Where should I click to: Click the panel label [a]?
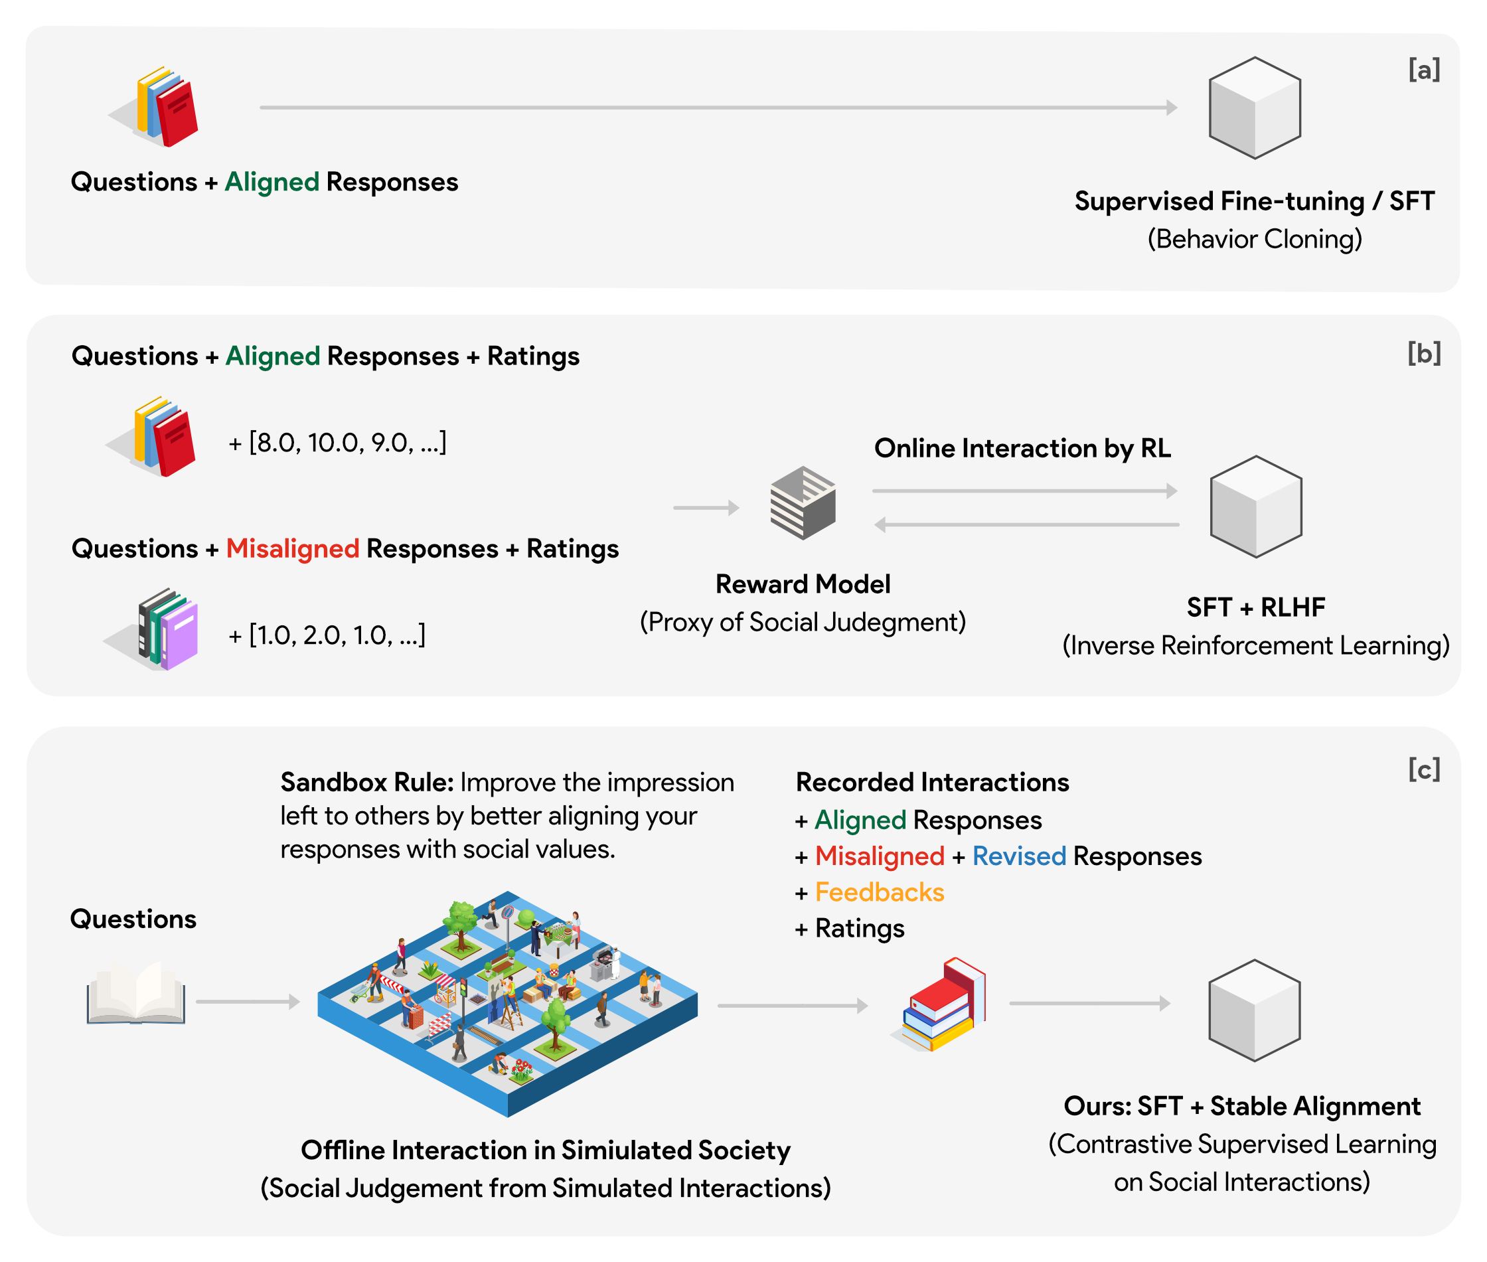point(1423,70)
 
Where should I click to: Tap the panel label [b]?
point(1423,353)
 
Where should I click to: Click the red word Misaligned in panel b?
point(292,549)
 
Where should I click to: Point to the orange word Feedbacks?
point(879,892)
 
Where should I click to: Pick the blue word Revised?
point(1018,856)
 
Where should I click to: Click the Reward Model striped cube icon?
point(803,503)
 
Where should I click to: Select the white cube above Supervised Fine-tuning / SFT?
point(1254,108)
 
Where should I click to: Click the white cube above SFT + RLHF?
point(1255,507)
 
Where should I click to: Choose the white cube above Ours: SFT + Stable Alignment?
point(1254,1010)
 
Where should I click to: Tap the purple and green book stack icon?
point(166,629)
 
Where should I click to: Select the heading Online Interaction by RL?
point(1022,449)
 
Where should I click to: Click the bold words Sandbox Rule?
point(366,782)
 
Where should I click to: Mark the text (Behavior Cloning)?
point(1254,239)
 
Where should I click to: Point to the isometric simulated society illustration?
point(507,1002)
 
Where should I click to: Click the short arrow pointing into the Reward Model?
point(705,508)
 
